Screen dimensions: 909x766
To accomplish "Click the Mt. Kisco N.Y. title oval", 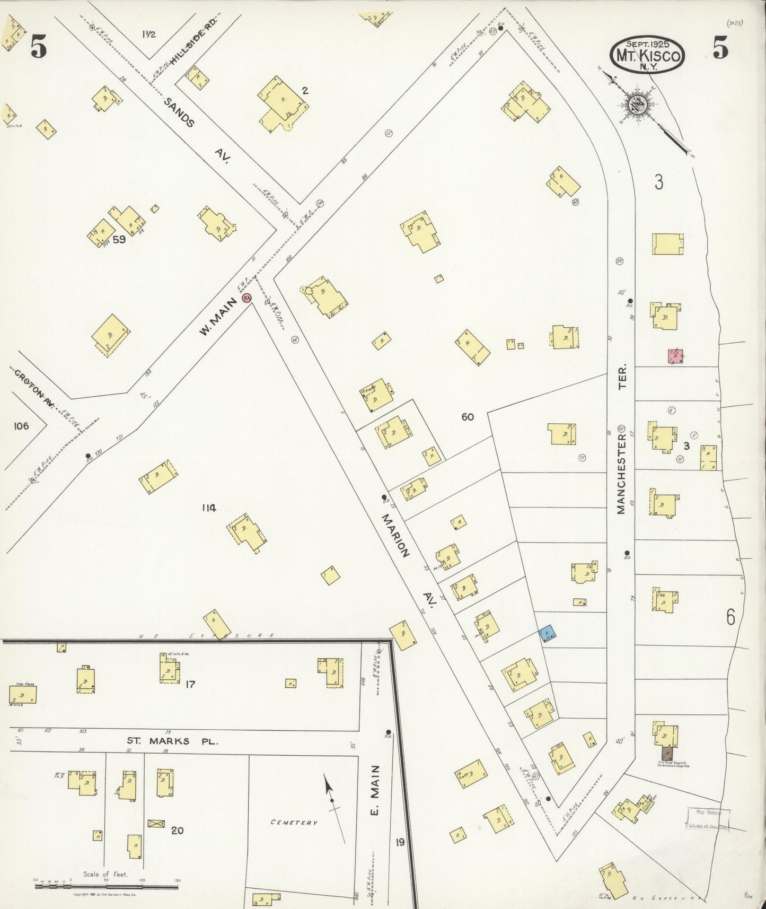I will coord(647,54).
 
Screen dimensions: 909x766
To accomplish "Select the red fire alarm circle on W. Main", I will coord(246,298).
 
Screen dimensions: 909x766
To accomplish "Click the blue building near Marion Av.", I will coord(548,633).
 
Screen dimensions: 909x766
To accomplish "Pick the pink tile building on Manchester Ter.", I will coord(675,356).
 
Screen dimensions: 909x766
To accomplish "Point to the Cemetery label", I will coord(294,823).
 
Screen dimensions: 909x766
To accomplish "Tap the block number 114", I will coord(208,508).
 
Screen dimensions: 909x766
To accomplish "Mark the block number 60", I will coord(467,417).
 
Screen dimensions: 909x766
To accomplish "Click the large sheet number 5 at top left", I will coord(38,47).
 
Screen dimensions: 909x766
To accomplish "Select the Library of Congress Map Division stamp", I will coord(709,819).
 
